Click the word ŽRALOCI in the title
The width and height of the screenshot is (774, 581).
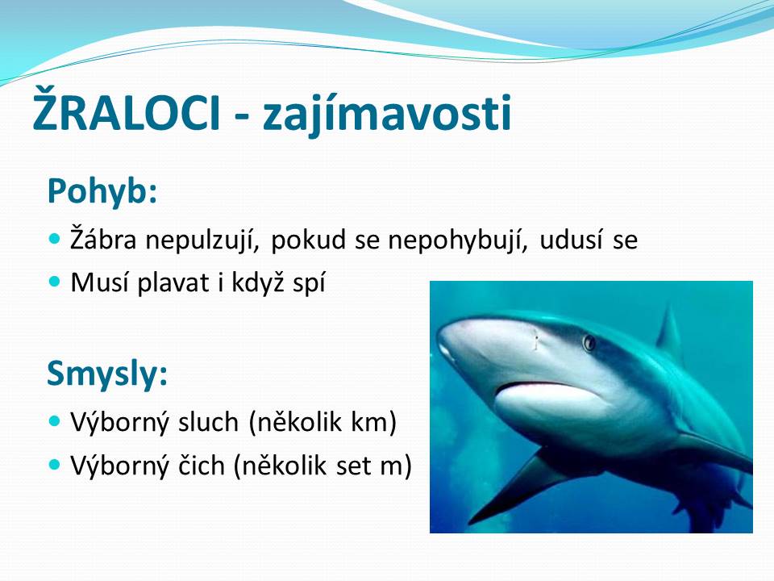tap(126, 110)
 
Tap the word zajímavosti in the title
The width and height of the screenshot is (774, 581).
tap(388, 114)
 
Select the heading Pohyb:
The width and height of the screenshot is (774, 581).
tap(102, 192)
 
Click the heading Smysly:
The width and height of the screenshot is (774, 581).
tap(107, 374)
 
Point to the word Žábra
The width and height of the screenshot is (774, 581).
tap(103, 238)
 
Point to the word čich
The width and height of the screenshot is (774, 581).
tap(202, 466)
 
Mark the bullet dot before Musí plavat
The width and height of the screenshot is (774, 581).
tap(55, 282)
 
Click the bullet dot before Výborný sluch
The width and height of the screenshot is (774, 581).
tap(55, 421)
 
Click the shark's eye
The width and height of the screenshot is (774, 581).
tap(589, 342)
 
